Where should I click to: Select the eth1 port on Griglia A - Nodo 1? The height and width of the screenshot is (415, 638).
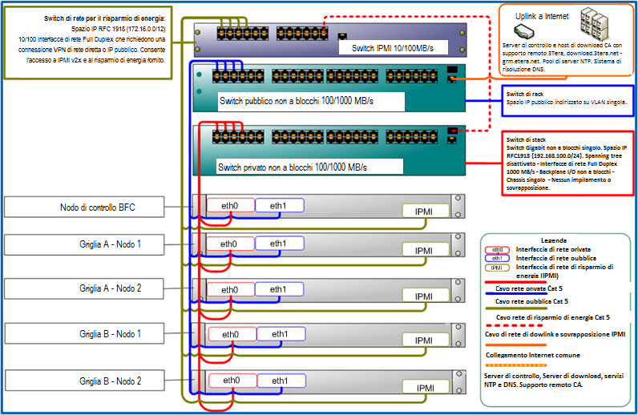[279, 244]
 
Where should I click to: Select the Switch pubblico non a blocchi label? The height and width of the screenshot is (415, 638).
[297, 103]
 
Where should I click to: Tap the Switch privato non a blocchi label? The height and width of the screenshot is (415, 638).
[292, 167]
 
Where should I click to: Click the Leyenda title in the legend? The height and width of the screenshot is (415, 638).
[554, 240]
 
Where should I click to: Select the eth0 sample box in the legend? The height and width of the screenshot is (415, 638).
[498, 249]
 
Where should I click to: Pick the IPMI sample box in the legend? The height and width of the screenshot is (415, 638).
[498, 267]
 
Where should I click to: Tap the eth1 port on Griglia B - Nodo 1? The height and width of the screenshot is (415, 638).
[279, 334]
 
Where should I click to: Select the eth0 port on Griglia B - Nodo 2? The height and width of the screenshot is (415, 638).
[231, 381]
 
